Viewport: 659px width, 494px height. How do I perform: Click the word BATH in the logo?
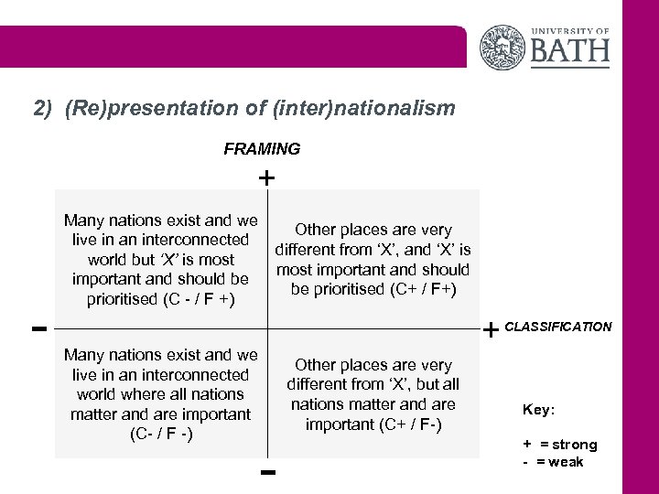(x=569, y=48)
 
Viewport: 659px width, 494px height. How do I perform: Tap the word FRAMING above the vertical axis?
(x=262, y=148)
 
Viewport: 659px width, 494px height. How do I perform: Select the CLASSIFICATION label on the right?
(x=558, y=327)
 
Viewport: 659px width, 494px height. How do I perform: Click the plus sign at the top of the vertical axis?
(x=265, y=177)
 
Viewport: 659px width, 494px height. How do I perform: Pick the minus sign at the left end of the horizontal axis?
(x=38, y=327)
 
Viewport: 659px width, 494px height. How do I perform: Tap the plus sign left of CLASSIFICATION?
(x=492, y=328)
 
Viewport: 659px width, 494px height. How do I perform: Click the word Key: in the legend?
(x=538, y=409)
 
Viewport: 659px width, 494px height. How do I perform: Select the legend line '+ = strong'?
(x=559, y=445)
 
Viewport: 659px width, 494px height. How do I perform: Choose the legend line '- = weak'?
(x=553, y=461)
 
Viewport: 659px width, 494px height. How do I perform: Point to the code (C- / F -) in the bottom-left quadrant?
(x=161, y=434)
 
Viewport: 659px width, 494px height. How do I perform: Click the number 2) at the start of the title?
(x=44, y=109)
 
